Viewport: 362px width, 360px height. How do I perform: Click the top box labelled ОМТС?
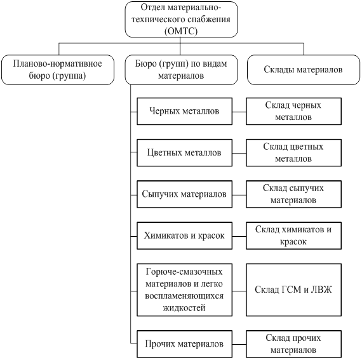181,19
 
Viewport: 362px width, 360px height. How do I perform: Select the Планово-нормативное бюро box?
58,70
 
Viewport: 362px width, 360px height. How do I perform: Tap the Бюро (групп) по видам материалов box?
181,70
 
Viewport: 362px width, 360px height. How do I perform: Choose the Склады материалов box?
304,70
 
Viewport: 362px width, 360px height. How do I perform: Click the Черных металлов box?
184,112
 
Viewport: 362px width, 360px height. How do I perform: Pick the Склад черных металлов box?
293,112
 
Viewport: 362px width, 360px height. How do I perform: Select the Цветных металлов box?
184,153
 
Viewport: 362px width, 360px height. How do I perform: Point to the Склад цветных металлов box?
293,153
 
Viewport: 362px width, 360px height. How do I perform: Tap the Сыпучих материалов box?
184,194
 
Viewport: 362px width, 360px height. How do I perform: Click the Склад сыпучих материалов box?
293,194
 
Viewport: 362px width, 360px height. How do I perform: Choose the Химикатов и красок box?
184,236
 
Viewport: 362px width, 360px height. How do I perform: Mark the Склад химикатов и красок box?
293,236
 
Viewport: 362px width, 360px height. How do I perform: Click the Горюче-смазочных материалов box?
184,290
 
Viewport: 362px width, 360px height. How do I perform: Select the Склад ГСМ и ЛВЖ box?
293,290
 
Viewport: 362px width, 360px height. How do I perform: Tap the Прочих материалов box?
184,344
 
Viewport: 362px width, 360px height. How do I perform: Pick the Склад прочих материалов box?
293,344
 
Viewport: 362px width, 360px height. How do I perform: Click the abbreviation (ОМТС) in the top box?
181,31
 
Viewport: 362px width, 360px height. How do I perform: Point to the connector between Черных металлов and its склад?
239,112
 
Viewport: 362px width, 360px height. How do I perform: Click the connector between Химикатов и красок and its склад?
239,237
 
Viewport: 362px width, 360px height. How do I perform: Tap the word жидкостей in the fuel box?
184,308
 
